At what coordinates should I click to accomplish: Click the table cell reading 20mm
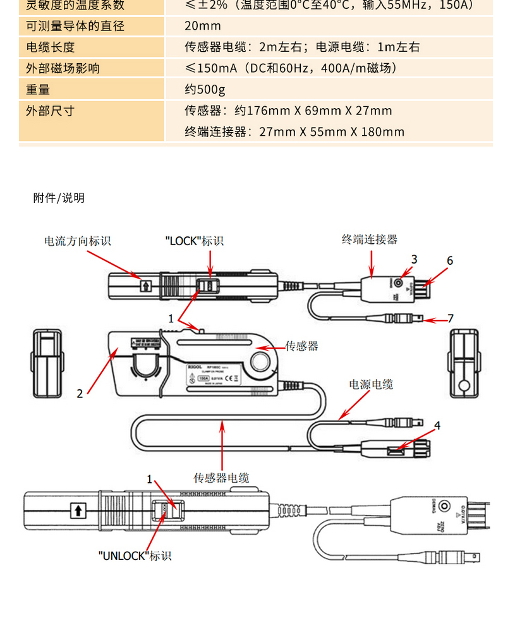(203, 26)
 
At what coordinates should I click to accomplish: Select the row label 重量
(38, 90)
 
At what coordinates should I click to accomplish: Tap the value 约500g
(205, 90)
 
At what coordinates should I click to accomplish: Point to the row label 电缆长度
(51, 47)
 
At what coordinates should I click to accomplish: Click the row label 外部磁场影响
(63, 68)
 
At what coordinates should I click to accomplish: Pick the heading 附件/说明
(59, 198)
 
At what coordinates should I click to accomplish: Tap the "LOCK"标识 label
(194, 240)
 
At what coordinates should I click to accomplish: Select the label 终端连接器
(370, 239)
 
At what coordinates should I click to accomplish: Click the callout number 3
(414, 259)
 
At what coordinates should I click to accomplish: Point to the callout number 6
(450, 260)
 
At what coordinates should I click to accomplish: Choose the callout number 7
(451, 318)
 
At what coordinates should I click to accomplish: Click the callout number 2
(80, 393)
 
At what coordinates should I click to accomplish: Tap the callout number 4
(437, 425)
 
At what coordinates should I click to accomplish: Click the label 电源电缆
(371, 384)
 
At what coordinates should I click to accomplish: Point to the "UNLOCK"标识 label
(135, 556)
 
